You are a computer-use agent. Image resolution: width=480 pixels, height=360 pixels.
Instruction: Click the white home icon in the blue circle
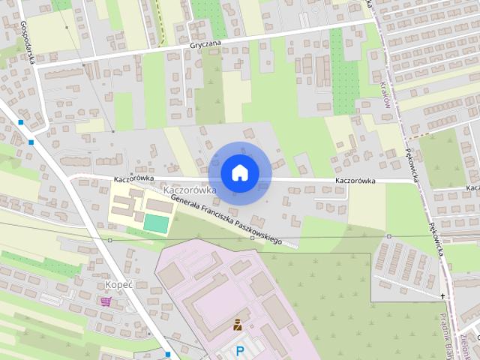point(239,172)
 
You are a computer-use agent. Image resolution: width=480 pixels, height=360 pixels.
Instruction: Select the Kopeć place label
point(118,286)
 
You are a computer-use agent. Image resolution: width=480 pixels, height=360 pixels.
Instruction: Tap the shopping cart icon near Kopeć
point(105,301)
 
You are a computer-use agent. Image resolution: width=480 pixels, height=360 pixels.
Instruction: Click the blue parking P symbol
point(240,350)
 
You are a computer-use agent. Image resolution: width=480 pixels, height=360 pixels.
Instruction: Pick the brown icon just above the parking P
point(237,325)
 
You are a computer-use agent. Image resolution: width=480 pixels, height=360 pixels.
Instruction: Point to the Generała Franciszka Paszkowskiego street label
point(225,218)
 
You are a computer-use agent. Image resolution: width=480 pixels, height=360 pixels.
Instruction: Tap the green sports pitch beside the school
point(156,223)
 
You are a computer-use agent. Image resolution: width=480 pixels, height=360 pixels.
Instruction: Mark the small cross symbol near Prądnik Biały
point(442,296)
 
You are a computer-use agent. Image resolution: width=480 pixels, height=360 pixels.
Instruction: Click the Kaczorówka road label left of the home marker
point(134,179)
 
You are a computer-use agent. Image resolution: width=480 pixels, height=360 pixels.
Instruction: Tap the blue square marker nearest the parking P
point(168,354)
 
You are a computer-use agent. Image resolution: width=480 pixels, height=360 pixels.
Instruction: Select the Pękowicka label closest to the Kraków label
point(414,157)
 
